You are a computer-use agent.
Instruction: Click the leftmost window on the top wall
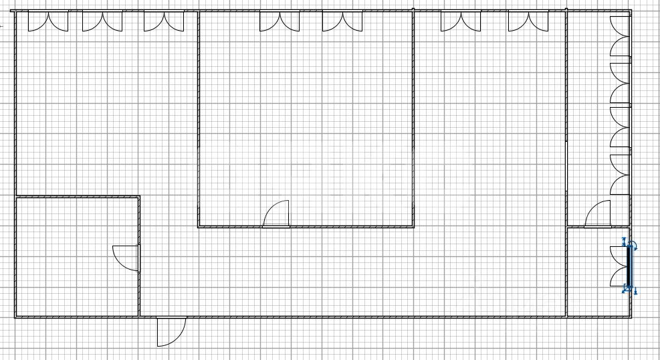(47, 21)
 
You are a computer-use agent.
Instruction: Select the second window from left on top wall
(102, 21)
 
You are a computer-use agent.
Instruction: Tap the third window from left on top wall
(164, 21)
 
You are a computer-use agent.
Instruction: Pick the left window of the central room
(280, 21)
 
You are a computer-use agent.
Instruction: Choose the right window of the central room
(342, 21)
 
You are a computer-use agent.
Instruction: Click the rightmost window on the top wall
(528, 21)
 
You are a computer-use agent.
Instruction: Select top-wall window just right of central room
(461, 21)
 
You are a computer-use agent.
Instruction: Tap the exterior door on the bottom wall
(171, 331)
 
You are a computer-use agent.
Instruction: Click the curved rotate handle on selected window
(634, 246)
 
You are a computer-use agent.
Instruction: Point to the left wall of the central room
(199, 120)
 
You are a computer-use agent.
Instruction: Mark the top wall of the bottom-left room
(77, 197)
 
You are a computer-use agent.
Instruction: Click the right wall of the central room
(413, 120)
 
